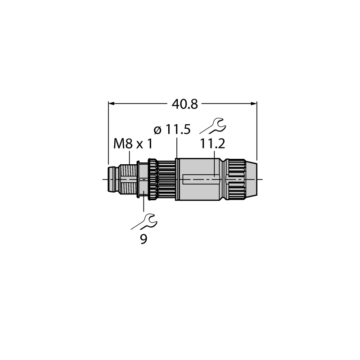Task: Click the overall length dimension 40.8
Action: [x=184, y=104]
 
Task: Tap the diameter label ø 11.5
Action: [x=172, y=130]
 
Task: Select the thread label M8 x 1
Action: [x=133, y=144]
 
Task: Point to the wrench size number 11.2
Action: [x=212, y=144]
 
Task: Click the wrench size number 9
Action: [x=144, y=239]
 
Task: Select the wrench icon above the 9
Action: [x=144, y=221]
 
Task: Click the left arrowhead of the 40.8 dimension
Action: [x=111, y=103]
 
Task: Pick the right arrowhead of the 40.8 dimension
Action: [x=254, y=103]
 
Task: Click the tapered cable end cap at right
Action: [x=252, y=179]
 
